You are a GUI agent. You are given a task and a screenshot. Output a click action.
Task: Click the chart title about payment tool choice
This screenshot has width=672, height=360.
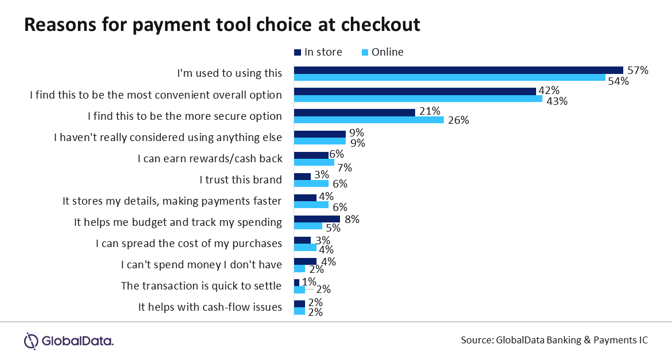[222, 25]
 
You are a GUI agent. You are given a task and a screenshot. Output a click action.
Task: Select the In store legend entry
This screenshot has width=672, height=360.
[318, 52]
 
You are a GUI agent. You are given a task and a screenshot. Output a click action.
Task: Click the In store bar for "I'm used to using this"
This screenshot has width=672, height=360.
[458, 70]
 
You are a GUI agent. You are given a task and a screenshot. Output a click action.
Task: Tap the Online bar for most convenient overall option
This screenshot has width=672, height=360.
[418, 99]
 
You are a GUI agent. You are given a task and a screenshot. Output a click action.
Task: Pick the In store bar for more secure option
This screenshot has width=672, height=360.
[354, 112]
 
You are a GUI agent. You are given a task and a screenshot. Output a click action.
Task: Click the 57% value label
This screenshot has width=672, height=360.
[637, 71]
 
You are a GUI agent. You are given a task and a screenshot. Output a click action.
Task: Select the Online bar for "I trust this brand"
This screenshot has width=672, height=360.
[311, 183]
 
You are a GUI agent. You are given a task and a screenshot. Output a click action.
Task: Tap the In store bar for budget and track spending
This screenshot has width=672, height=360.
[317, 218]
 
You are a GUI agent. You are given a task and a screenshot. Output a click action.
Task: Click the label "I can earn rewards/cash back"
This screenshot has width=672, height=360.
[210, 159]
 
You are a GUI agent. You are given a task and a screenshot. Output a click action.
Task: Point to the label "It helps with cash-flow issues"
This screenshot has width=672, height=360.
[210, 307]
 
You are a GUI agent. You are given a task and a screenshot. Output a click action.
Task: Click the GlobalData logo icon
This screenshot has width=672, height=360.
[31, 341]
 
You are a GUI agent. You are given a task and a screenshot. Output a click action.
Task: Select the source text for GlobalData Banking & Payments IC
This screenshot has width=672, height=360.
[554, 340]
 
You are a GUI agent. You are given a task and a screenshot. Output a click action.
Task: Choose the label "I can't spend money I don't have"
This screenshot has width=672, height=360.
[201, 264]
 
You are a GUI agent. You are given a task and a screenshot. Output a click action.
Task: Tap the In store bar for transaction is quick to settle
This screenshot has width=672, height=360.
[296, 282]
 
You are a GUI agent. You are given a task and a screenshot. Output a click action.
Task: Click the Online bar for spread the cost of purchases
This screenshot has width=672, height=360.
[305, 247]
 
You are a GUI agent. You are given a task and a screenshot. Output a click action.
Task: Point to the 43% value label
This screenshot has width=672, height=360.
[556, 101]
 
